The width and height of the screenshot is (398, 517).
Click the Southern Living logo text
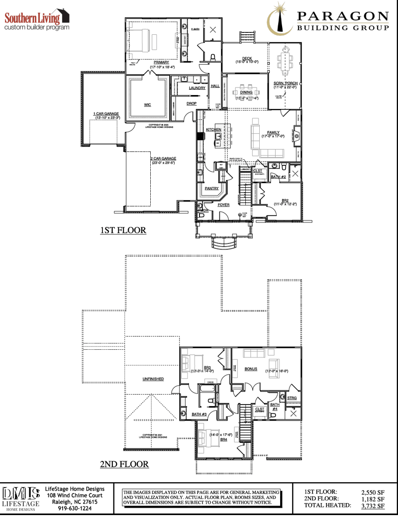coord(32,18)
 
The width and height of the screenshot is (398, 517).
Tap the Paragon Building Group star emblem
coord(279,19)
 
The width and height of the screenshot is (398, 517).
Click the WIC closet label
coord(147,104)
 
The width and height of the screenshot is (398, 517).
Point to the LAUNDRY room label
coord(197,88)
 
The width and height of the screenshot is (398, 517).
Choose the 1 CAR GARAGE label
coord(106,114)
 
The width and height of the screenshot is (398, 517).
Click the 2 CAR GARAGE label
coord(164,159)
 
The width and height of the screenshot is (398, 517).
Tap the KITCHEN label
coord(213,129)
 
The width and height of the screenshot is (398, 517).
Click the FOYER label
coord(223,205)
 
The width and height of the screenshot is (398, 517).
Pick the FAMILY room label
coord(273,132)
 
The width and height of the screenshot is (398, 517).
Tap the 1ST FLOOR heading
coord(123,230)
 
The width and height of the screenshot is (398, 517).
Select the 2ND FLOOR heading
coord(124,464)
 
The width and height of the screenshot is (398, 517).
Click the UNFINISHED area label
coord(153,379)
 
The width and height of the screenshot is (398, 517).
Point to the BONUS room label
coord(251,369)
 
